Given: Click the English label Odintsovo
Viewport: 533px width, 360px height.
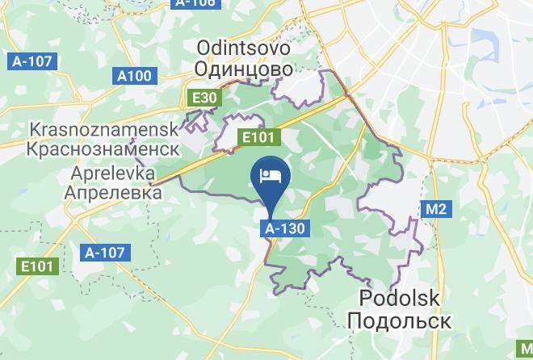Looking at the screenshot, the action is point(243,48).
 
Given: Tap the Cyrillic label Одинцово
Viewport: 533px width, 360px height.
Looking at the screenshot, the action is point(243,69).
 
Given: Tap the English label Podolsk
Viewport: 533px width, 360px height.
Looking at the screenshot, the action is point(399,299).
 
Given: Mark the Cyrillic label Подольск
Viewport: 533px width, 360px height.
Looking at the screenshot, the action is point(399,320).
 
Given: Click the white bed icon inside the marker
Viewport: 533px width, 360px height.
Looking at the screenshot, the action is point(269,174).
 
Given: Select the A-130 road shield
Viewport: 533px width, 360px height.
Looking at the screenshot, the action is point(284,228).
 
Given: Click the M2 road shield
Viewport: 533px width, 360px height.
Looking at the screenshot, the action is point(435,210).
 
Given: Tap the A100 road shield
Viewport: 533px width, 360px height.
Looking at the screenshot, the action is point(134,76).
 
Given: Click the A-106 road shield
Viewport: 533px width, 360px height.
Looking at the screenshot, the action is point(195,3).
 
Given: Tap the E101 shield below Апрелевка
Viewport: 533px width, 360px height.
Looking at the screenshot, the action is point(38,266).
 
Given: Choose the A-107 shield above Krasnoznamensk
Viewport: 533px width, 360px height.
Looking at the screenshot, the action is point(31,61).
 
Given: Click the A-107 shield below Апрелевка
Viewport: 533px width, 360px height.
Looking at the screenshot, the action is point(105,253).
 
